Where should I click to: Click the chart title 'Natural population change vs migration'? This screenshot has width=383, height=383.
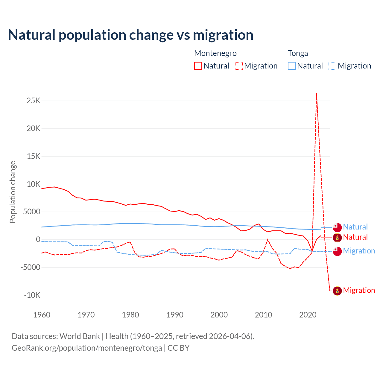pos(130,35)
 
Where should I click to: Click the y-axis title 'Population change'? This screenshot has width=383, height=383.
pos(13,192)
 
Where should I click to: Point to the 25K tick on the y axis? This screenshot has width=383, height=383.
pos(34,101)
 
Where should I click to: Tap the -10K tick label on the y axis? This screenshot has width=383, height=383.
pos(32,295)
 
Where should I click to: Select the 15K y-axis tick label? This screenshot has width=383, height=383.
pos(34,156)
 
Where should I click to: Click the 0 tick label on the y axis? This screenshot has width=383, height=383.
pos(38,239)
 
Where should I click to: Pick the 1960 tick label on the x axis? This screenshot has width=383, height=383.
pos(42,315)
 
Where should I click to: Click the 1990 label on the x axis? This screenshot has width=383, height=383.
pos(175,315)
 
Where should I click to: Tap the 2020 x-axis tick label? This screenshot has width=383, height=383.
pos(308,315)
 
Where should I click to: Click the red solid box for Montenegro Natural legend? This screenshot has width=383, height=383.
pos(198,66)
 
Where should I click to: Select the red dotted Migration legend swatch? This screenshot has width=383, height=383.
pos(239,66)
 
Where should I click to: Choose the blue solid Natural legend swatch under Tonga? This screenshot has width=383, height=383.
pos(292,66)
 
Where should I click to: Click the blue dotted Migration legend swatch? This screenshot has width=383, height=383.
pos(332,66)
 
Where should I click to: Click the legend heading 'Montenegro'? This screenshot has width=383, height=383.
pos(215,53)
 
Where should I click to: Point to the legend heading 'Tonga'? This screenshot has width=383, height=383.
pos(298,53)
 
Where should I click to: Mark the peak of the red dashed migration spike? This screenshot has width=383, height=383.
pos(316,94)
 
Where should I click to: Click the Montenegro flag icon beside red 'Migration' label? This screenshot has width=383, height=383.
pos(337,291)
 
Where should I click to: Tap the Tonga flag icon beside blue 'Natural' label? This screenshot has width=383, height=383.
pos(337,227)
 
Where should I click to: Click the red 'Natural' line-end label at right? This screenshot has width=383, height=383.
pos(355,237)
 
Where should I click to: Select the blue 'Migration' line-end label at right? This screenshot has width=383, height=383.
pos(359,251)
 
